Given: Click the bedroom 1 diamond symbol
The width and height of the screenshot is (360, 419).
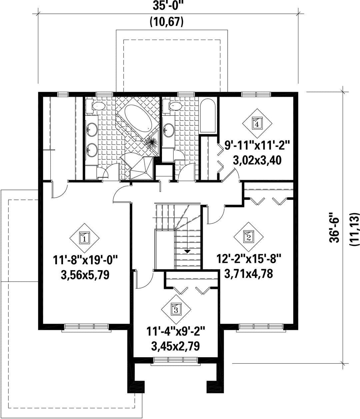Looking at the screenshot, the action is tap(84, 238).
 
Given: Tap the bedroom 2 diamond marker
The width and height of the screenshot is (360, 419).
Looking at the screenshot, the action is tap(249, 237).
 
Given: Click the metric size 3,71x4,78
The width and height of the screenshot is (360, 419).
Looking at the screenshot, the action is tap(249, 274).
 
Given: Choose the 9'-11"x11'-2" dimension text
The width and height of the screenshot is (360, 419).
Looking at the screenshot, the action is tap(257, 146).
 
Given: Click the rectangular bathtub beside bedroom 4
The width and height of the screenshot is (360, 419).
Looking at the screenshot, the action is tap(208, 116).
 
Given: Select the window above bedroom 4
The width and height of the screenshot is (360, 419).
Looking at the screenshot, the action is tap(256, 94).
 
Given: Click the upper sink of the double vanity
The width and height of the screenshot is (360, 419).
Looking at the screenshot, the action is tap(91, 129).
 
